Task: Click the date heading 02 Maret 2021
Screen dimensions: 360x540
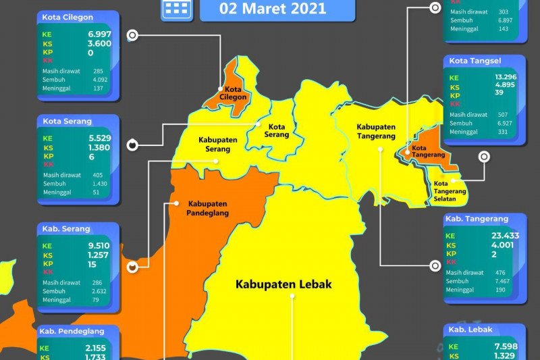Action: coord(277,9)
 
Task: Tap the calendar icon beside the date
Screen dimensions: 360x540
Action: coord(176,8)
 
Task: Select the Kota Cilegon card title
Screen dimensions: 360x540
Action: coord(67,17)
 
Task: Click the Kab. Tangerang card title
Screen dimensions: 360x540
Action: coord(477,219)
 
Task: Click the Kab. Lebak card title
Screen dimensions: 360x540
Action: coord(469,330)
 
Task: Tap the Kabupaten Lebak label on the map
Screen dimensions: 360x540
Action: coord(283,284)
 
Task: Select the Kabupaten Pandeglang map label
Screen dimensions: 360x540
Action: coord(208,208)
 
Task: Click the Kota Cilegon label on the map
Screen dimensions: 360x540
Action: coord(232,93)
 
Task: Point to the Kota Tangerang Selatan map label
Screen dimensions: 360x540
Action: coord(450,190)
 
